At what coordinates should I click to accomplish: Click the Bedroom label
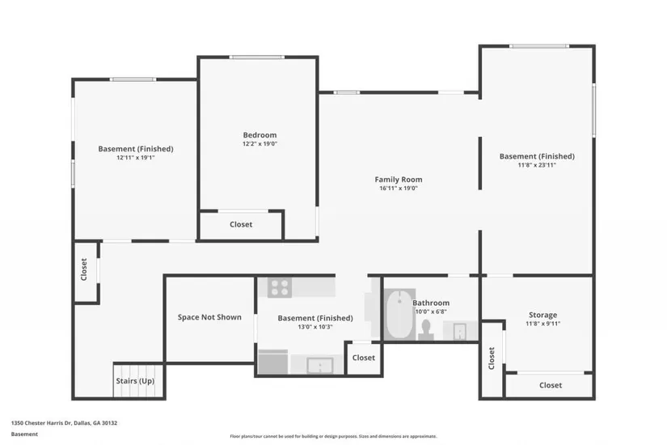click(x=260, y=135)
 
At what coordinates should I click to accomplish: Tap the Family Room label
click(x=398, y=180)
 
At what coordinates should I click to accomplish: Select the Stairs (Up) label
click(x=135, y=381)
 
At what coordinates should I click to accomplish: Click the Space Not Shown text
click(x=209, y=317)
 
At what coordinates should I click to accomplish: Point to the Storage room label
click(x=542, y=315)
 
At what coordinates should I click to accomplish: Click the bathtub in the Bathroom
click(x=400, y=315)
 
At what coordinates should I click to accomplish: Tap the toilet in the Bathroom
click(x=425, y=330)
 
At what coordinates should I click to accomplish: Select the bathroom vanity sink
click(x=459, y=331)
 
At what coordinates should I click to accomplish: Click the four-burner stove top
click(x=280, y=287)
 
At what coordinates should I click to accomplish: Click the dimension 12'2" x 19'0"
click(x=260, y=144)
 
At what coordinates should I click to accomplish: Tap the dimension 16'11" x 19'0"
click(x=399, y=189)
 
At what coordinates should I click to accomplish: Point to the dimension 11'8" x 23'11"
click(x=537, y=165)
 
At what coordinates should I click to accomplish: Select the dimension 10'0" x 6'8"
click(x=431, y=311)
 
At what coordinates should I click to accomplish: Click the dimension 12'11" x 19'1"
click(x=136, y=158)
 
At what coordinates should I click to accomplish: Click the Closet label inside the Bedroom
click(x=241, y=224)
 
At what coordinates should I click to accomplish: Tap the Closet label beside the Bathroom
click(x=364, y=358)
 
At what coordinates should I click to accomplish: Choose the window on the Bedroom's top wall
click(x=257, y=57)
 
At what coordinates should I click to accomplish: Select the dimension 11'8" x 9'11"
click(x=542, y=324)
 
